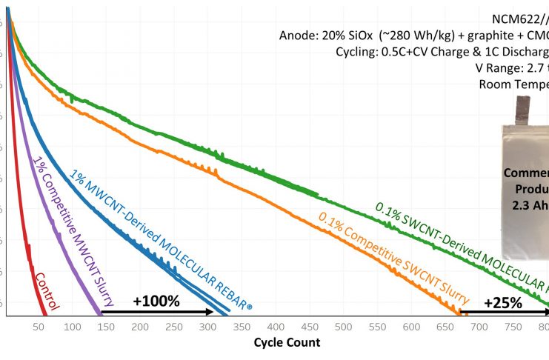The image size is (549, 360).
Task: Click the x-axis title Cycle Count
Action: pyautogui.click(x=287, y=342)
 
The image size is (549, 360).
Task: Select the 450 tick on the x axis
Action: pyautogui.click(x=309, y=327)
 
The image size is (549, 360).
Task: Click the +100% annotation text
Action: pyautogui.click(x=156, y=301)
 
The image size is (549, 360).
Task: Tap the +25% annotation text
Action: pyautogui.click(x=503, y=302)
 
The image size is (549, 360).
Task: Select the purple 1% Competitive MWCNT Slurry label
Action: pyautogui.click(x=68, y=222)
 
